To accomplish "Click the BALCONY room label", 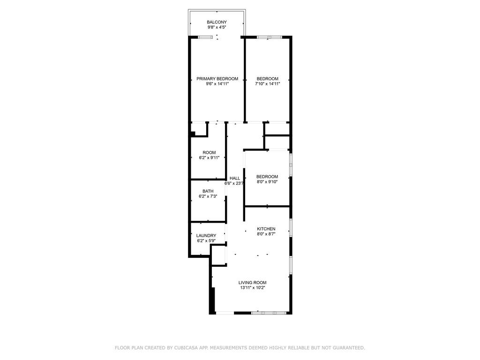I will coord(217,22).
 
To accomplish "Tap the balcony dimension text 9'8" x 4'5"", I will coord(217,28).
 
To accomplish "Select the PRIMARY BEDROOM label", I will coord(217,79).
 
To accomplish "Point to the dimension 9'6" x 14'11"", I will coord(217,84).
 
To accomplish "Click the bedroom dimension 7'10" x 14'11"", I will coord(267,84).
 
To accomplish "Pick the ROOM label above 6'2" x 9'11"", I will coord(209,153).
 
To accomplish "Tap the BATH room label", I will coord(208,191).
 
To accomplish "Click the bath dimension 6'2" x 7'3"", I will coord(208,197).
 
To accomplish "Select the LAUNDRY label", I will coord(206,236).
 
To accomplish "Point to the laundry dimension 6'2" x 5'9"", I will coord(206,241).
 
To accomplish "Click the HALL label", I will coord(235,178).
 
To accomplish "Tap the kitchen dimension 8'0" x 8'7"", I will coord(266,234).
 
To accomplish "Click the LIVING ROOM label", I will coord(252,283).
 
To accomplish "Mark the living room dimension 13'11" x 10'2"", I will coord(252,288).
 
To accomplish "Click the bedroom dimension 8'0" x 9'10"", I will coord(267,182).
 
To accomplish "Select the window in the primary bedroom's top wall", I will coord(205,37).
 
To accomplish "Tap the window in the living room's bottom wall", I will coord(269,312).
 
